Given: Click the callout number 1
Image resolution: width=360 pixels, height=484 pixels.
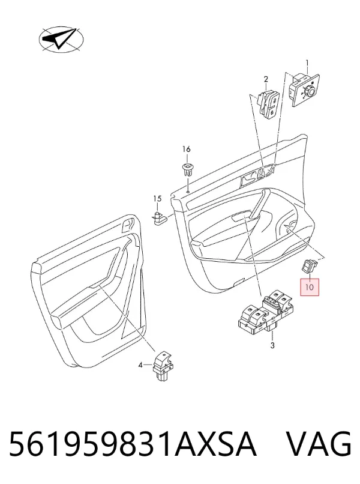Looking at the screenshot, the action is pyautogui.click(x=307, y=64).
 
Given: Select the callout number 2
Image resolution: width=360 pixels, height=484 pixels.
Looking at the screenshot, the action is pyautogui.click(x=266, y=79).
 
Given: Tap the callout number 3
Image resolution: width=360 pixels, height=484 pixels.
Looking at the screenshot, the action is pyautogui.click(x=272, y=346).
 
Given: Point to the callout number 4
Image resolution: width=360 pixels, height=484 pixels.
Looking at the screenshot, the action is pyautogui.click(x=140, y=365).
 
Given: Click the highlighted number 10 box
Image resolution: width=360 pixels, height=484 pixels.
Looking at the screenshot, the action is pyautogui.click(x=310, y=287).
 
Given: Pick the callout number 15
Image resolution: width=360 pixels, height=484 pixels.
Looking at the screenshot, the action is pyautogui.click(x=157, y=199).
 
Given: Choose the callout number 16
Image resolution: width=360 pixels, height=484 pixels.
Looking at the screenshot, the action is pyautogui.click(x=187, y=149).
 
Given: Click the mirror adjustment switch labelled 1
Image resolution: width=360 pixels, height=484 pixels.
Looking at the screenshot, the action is pyautogui.click(x=304, y=90).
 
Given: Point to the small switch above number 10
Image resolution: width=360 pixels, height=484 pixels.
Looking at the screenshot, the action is pyautogui.click(x=310, y=266).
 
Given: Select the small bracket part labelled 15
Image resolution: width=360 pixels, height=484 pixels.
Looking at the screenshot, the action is pyautogui.click(x=159, y=218).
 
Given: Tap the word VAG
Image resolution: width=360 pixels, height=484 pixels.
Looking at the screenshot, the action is pyautogui.click(x=319, y=444).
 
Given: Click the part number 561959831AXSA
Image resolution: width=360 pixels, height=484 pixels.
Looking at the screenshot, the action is pyautogui.click(x=133, y=444).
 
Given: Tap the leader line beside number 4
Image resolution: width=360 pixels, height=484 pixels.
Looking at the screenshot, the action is pyautogui.click(x=148, y=365).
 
